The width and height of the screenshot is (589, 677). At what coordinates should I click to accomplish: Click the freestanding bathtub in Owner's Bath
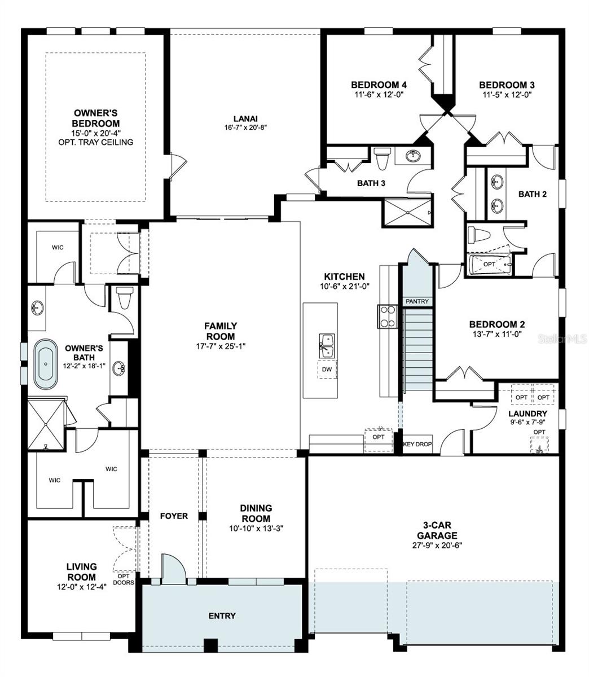(45, 364)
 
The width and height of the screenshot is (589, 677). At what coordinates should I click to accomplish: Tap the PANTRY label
(417, 302)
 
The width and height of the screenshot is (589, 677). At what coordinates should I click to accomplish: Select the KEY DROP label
(417, 444)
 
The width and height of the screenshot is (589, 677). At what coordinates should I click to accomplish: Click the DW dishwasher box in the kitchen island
(327, 370)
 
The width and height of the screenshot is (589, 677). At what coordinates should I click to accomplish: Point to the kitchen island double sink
(326, 345)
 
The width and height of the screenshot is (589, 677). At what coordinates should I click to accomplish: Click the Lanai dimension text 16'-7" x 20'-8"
(245, 128)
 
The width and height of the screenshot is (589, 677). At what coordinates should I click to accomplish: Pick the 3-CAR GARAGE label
(437, 530)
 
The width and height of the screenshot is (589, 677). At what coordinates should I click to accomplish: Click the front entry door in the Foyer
(173, 569)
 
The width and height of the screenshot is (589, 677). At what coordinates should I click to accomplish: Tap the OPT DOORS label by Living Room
(124, 579)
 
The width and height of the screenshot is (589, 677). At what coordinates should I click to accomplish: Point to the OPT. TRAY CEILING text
(95, 142)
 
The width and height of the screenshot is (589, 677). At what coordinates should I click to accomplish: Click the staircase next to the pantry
(417, 350)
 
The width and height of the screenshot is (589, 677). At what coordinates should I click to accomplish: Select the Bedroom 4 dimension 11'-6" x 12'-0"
(379, 94)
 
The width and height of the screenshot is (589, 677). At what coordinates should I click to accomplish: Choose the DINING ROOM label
(256, 513)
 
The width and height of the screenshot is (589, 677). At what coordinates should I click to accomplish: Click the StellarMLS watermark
(562, 339)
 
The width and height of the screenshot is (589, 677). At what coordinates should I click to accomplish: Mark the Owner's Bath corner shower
(46, 423)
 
